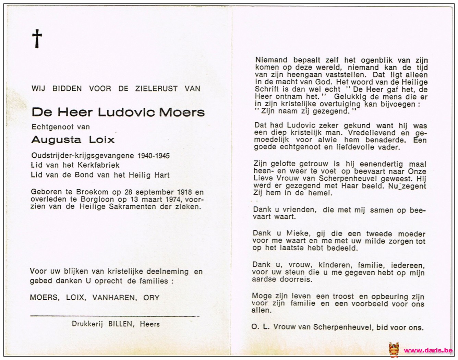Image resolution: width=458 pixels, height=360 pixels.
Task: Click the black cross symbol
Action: (37, 38)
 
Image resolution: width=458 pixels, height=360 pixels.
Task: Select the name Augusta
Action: (56, 140)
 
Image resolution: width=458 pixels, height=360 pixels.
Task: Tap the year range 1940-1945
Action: (153, 156)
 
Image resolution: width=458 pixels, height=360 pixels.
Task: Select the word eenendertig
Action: (374, 164)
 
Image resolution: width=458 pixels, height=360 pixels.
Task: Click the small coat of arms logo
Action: (394, 350)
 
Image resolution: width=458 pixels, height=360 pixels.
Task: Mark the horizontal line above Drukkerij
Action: (115, 316)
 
